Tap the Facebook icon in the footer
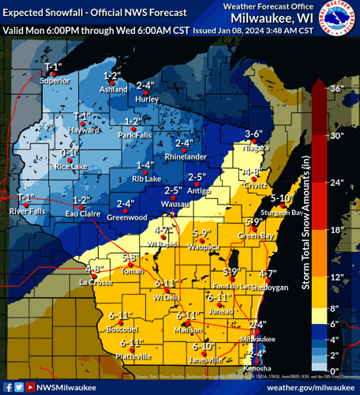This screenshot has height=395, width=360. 7,387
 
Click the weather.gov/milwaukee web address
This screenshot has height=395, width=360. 306,387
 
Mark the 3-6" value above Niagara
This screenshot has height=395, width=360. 253,134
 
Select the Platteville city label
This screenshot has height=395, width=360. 132,357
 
